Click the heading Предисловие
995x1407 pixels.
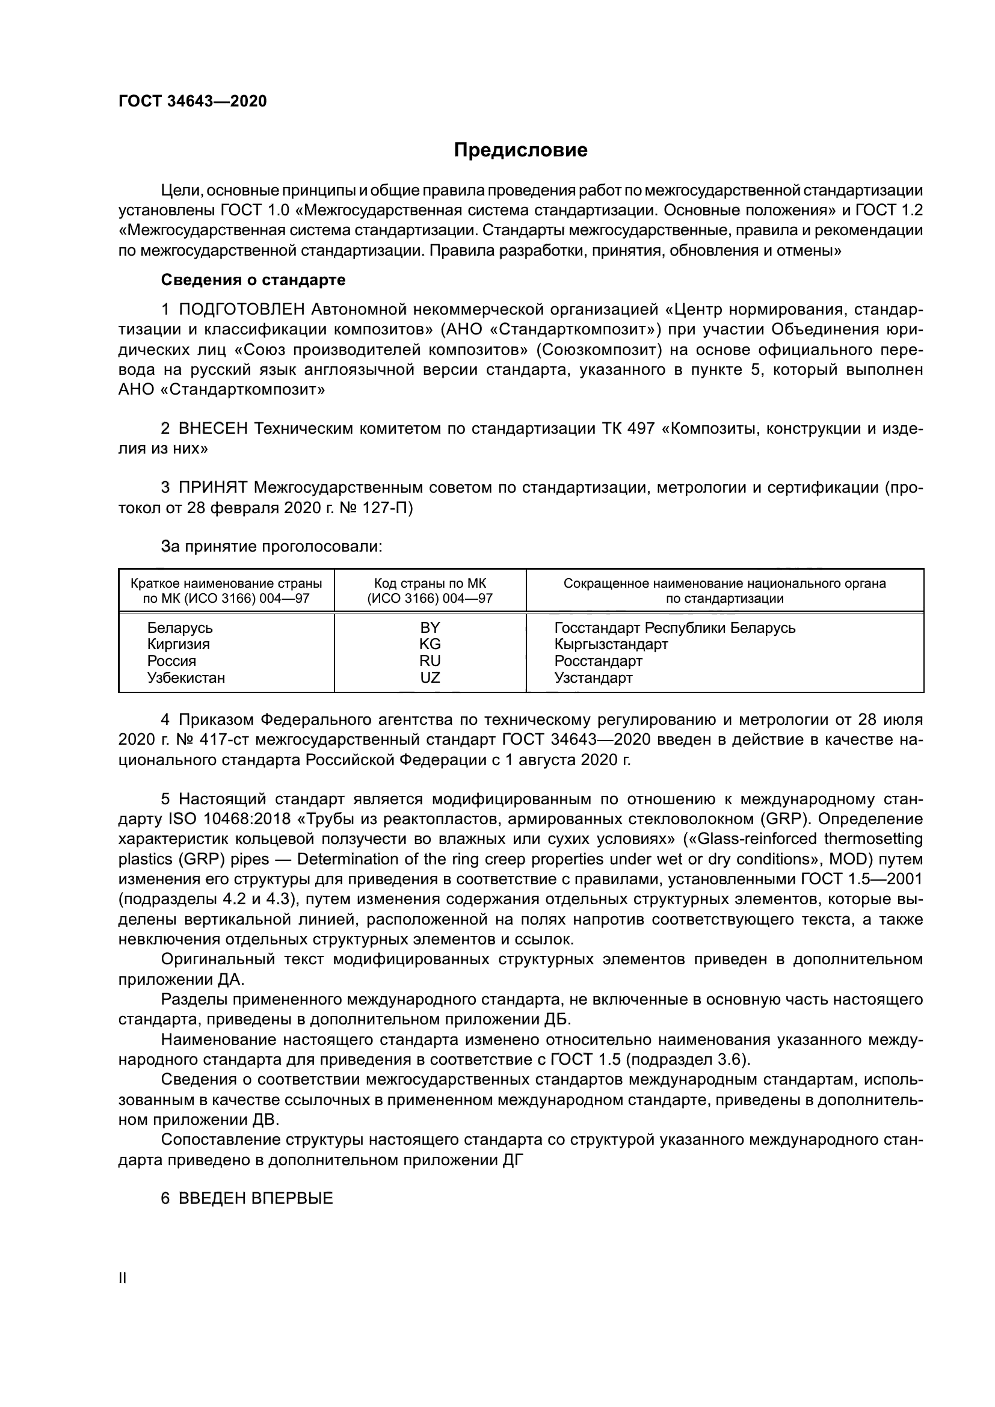pos(520,150)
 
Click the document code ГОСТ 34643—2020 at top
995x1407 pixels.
pos(193,101)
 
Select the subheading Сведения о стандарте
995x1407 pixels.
pos(253,280)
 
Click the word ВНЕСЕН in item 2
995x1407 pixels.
pos(213,428)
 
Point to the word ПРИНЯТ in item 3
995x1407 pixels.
pos(212,488)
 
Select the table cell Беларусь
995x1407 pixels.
pos(179,628)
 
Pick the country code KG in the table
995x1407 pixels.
pos(430,645)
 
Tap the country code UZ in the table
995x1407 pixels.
pos(430,678)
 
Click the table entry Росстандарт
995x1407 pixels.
pos(598,661)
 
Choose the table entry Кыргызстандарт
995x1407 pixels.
pos(611,645)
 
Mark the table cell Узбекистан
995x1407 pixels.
pos(186,678)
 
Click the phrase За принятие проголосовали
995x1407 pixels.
pos(271,547)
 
